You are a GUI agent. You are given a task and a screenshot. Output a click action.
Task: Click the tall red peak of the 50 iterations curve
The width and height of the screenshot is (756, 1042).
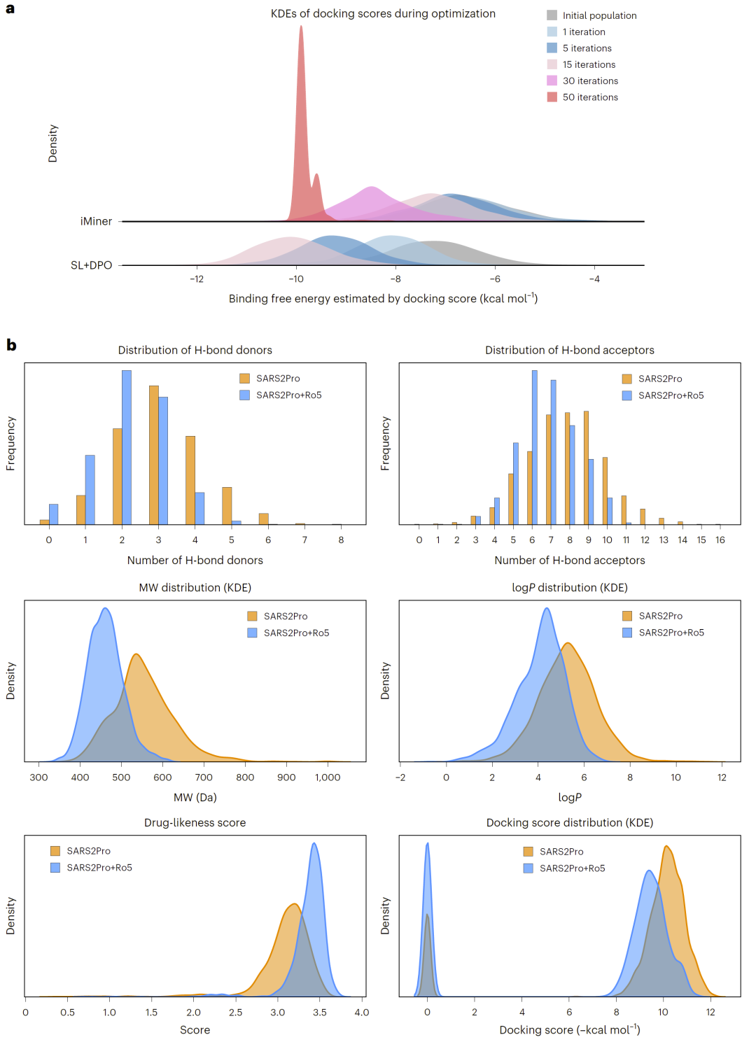[301, 27]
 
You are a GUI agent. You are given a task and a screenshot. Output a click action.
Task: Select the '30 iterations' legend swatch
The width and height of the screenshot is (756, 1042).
[552, 80]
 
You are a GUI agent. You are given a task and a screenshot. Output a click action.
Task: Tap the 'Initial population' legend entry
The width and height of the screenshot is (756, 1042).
[591, 15]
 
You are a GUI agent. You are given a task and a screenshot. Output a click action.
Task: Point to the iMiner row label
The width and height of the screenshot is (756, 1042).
[96, 221]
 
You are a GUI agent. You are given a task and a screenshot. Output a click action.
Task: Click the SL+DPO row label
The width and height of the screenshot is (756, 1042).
[91, 265]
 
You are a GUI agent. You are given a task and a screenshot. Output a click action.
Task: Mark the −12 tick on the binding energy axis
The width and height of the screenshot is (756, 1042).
[197, 279]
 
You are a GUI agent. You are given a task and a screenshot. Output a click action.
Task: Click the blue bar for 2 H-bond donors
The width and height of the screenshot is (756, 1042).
[127, 447]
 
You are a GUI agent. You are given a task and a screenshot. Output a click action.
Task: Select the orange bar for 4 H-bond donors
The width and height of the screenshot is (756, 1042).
[190, 480]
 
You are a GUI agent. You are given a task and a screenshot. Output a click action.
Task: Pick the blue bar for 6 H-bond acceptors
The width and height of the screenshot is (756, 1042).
[535, 447]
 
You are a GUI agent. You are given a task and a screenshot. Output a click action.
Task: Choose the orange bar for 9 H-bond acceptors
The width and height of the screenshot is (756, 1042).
[586, 467]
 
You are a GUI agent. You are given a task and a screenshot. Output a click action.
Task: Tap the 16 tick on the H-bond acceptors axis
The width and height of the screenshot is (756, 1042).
[720, 540]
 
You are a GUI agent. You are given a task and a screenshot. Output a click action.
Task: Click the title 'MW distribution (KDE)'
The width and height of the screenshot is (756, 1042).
[195, 587]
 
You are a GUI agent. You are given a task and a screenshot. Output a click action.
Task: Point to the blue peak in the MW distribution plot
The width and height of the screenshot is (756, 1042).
[106, 608]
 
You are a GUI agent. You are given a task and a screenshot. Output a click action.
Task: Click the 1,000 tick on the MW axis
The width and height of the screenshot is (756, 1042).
[328, 777]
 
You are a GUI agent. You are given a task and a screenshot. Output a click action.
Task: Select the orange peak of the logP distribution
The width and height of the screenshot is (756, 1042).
[567, 643]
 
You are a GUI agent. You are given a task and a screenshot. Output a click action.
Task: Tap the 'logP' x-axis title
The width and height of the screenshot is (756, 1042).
[569, 797]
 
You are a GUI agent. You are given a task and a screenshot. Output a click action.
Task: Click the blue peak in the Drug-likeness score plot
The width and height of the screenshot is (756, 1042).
[314, 843]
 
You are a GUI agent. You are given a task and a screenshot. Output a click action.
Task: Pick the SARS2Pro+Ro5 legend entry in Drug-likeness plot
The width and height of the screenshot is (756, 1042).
[91, 867]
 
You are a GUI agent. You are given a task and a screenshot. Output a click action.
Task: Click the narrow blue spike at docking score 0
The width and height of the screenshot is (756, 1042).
[427, 844]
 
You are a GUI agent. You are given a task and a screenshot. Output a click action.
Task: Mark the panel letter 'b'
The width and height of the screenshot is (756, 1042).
[11, 345]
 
